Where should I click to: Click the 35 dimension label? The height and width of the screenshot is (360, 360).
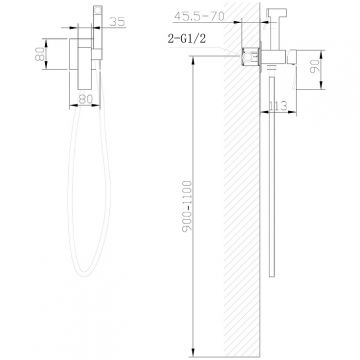coord(117,22)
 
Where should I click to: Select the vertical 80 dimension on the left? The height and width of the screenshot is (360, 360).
coord(40,54)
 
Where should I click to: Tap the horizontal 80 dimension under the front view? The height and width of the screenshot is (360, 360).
coord(85,99)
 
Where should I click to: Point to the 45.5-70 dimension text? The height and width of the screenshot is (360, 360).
coord(199,16)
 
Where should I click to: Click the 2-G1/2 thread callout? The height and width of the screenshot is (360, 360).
coord(187,39)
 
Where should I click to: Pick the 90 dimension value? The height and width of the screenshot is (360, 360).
coord(314,66)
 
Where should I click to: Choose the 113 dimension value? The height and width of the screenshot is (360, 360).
coord(278,106)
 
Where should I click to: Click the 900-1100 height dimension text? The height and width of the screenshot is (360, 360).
coord(188,206)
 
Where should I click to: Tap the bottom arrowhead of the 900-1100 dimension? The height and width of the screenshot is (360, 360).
coord(193,353)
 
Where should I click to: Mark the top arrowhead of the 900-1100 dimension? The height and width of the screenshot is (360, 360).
coord(193,60)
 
